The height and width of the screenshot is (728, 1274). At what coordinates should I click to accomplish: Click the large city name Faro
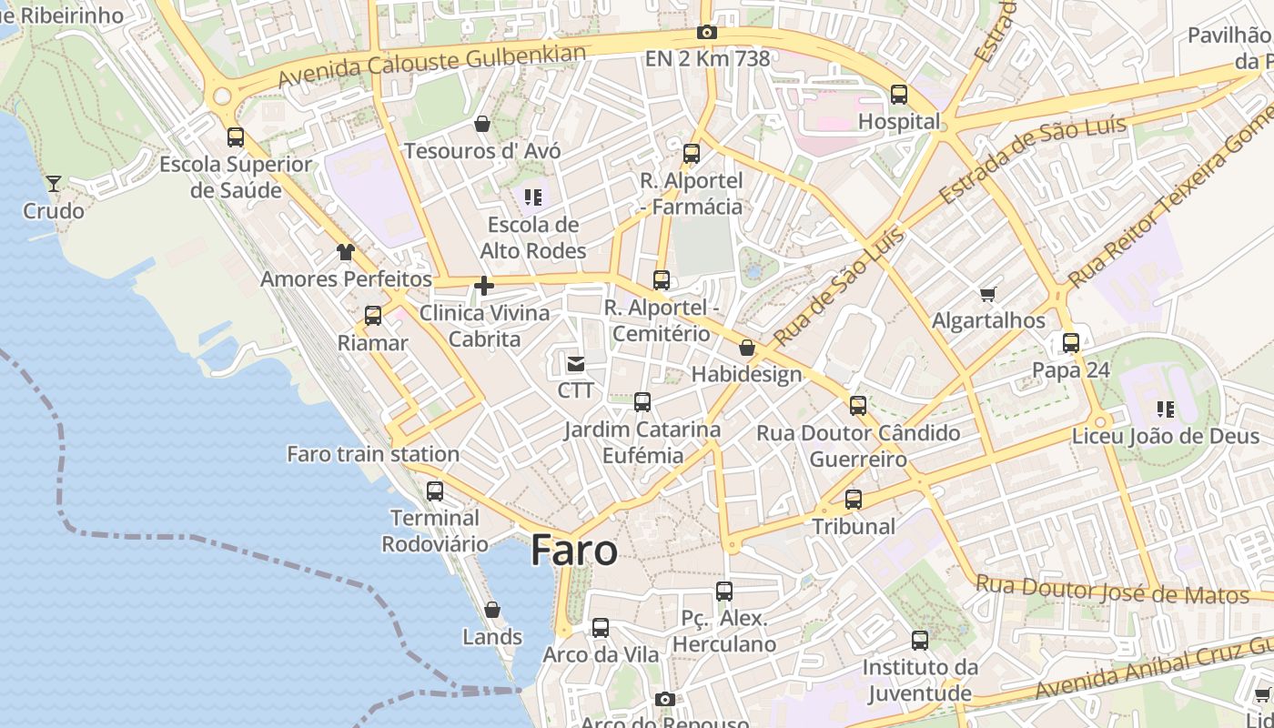(x=574, y=551)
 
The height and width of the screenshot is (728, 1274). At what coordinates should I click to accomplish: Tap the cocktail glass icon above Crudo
(x=54, y=184)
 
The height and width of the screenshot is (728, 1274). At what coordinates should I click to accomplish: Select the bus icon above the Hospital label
(x=899, y=94)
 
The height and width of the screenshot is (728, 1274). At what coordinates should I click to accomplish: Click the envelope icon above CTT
(x=575, y=364)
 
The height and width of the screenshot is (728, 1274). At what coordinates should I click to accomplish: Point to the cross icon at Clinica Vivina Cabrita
(x=484, y=287)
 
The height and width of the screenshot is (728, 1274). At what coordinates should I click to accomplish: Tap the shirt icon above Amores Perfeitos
(x=345, y=252)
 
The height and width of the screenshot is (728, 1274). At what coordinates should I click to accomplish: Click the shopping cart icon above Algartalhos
(x=988, y=294)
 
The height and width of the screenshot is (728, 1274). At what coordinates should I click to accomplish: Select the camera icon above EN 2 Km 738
(x=707, y=33)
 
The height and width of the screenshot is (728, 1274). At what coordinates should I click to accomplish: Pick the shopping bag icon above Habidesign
(x=747, y=348)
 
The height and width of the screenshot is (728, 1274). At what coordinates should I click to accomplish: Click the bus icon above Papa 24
(x=1071, y=343)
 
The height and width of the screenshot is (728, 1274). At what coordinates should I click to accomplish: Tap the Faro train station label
(x=373, y=453)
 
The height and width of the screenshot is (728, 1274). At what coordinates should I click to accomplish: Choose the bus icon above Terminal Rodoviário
(x=435, y=491)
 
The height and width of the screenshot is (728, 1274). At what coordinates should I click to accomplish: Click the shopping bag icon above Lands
(x=492, y=610)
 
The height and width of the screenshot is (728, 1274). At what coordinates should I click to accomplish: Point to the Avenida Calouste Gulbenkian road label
(x=431, y=66)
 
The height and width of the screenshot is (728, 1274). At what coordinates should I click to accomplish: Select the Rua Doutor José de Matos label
(x=1112, y=590)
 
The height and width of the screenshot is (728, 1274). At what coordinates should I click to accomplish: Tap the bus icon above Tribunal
(x=854, y=500)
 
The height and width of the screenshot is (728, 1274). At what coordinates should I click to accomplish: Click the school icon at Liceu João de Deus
(x=1166, y=409)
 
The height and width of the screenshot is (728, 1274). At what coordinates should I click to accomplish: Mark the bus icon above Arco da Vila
(x=601, y=628)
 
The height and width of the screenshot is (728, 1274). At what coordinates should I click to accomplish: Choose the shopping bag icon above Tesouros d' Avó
(x=482, y=124)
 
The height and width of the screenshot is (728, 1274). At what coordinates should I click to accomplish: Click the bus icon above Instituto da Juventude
(x=920, y=641)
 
